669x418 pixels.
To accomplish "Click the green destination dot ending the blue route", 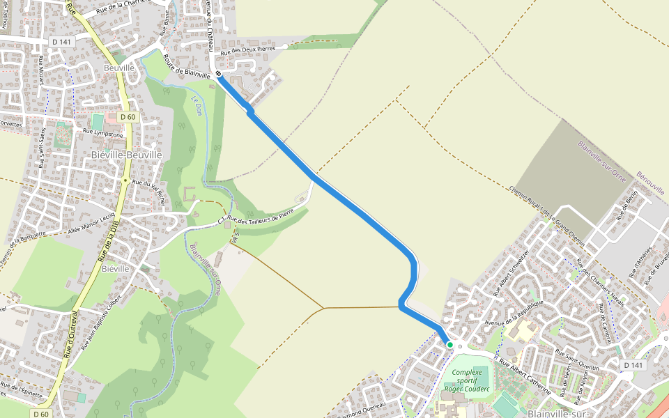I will tap(450, 344).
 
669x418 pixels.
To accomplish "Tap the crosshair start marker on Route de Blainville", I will tap(218, 74).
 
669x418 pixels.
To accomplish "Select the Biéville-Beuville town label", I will tap(126, 154).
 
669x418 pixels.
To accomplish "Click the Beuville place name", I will tap(118, 68).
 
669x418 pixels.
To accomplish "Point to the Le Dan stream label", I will tap(195, 104).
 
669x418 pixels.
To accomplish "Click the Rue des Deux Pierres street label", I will tap(248, 51).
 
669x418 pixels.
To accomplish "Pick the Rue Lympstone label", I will tap(102, 132).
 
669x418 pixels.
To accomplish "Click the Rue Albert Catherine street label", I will tap(523, 376).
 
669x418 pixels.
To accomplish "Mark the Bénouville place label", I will tap(652, 183).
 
